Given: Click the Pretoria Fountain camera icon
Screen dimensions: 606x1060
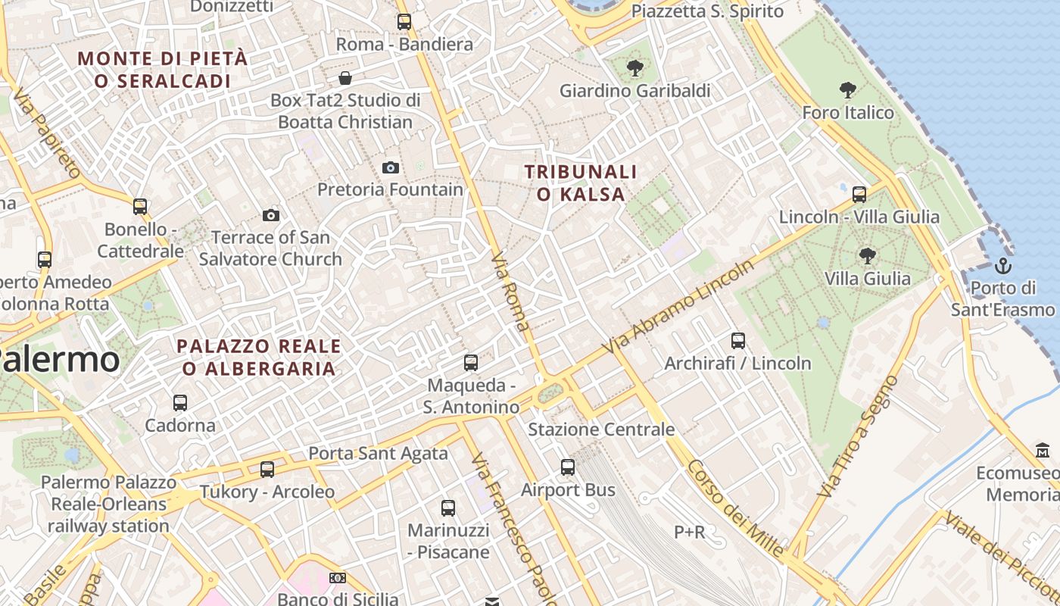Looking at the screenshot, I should (391, 167).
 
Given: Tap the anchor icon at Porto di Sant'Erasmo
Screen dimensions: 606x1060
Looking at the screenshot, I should (1002, 266).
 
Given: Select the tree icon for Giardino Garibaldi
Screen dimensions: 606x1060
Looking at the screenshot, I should (634, 69).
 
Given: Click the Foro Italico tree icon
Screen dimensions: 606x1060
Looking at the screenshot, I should (848, 91).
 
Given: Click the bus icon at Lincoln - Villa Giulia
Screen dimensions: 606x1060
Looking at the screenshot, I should (859, 195).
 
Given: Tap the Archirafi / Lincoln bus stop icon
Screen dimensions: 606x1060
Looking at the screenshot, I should (737, 341).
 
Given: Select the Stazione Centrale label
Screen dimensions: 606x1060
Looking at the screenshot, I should (600, 430).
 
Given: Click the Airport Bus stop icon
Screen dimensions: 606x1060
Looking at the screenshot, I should (568, 467).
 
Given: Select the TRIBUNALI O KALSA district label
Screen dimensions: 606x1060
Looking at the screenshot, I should (581, 183).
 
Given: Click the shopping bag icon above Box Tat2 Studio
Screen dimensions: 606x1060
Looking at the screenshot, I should (345, 78).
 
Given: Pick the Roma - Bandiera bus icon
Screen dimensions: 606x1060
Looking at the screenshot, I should (404, 22).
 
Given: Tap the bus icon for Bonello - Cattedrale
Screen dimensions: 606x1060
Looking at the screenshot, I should (140, 207).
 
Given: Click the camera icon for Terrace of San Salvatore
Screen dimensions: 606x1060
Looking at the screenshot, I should (270, 216).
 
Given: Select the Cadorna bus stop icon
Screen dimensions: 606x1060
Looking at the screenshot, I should (180, 403).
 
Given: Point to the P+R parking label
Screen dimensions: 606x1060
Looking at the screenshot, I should (689, 533).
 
